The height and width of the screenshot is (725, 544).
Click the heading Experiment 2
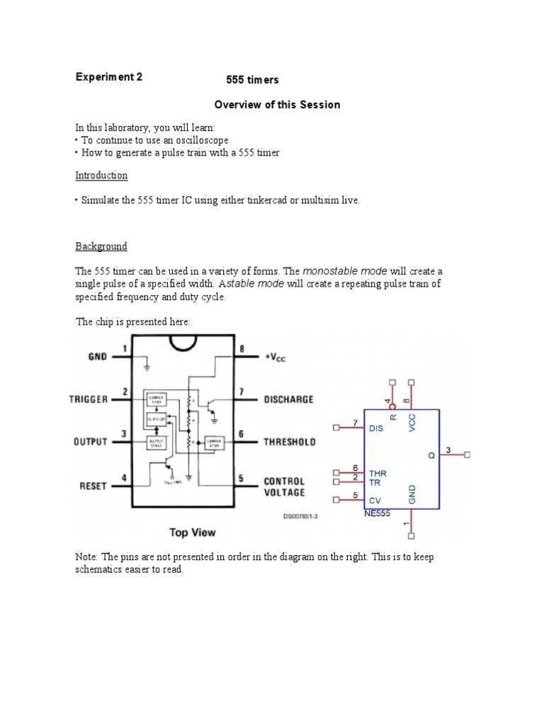(x=109, y=78)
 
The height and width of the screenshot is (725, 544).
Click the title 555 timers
(x=252, y=81)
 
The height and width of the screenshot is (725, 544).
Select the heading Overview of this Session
(x=277, y=105)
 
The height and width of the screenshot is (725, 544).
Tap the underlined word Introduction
(x=102, y=175)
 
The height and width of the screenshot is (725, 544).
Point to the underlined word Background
(x=101, y=246)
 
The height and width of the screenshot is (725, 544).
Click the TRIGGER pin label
(x=89, y=399)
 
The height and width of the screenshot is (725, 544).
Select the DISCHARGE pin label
(x=288, y=399)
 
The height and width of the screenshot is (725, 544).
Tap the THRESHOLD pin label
(x=290, y=442)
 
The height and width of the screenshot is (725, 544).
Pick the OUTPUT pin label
(x=90, y=442)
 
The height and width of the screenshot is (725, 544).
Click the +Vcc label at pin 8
(x=276, y=358)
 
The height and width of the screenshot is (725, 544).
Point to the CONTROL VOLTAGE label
(x=284, y=486)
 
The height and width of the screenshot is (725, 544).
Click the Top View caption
(x=192, y=532)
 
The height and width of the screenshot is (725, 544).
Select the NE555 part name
(x=377, y=513)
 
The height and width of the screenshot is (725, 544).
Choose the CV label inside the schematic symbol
(x=375, y=500)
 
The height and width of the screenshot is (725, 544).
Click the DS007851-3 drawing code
(x=300, y=516)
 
